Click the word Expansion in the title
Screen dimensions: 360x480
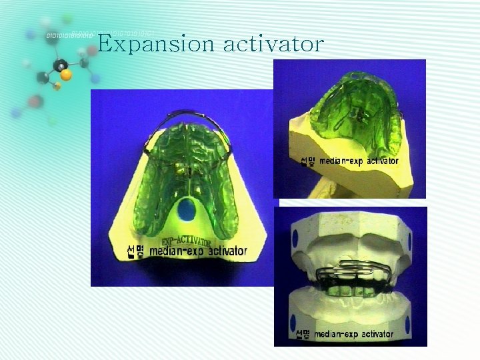(156, 44)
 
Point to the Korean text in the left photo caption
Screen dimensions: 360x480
(135, 252)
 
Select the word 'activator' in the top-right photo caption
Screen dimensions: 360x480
(377, 161)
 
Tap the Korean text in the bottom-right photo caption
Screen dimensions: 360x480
(302, 333)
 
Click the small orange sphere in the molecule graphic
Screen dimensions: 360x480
(57, 86)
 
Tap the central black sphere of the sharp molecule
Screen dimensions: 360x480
(61, 65)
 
